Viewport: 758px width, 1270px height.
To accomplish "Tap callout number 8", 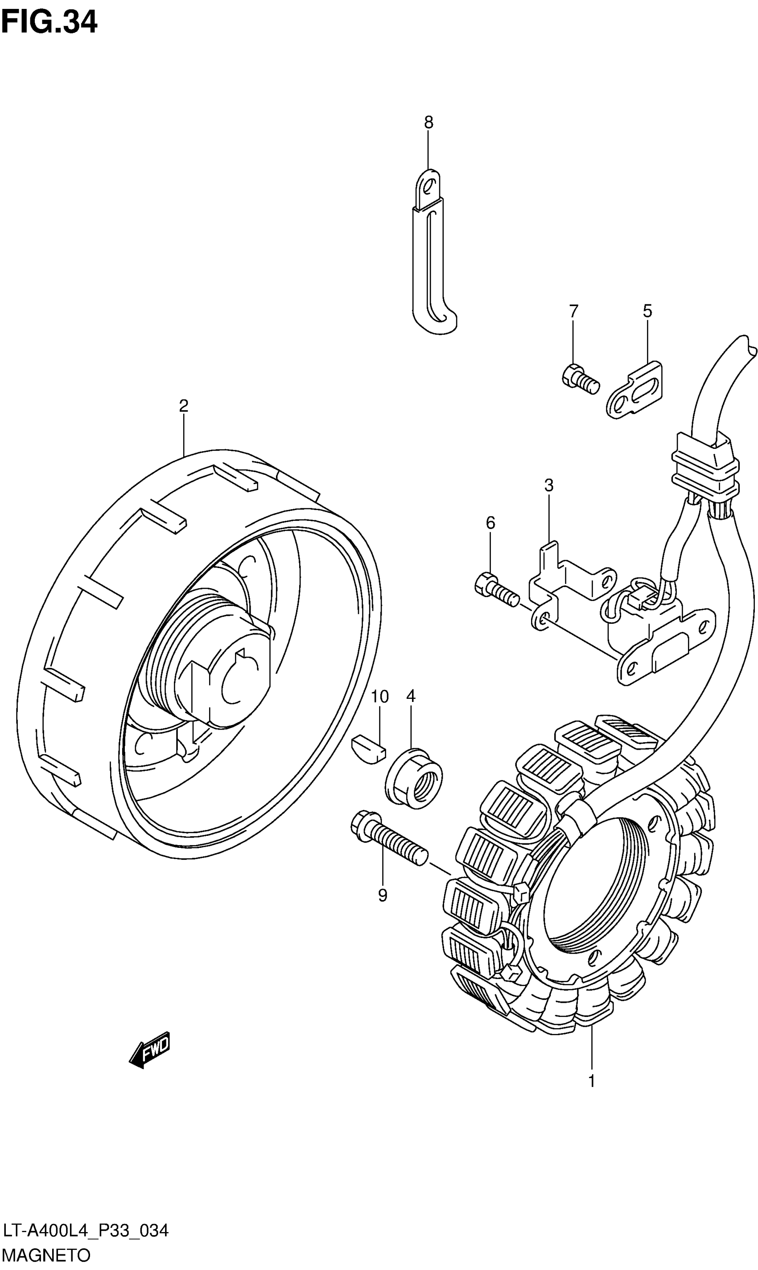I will click(x=428, y=123).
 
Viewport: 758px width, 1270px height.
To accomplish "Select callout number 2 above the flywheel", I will click(x=183, y=406).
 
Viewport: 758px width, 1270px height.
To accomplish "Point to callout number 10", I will click(x=379, y=697).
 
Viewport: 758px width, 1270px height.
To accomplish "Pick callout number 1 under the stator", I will click(x=592, y=1081).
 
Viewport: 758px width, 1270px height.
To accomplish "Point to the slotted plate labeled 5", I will click(x=635, y=390).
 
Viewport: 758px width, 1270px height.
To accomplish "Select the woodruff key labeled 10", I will click(x=368, y=748).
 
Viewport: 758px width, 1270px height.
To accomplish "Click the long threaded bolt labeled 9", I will click(x=388, y=838).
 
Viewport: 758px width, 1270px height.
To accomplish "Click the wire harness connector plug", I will click(x=705, y=465).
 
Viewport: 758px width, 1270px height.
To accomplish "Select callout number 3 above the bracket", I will click(x=548, y=486).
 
